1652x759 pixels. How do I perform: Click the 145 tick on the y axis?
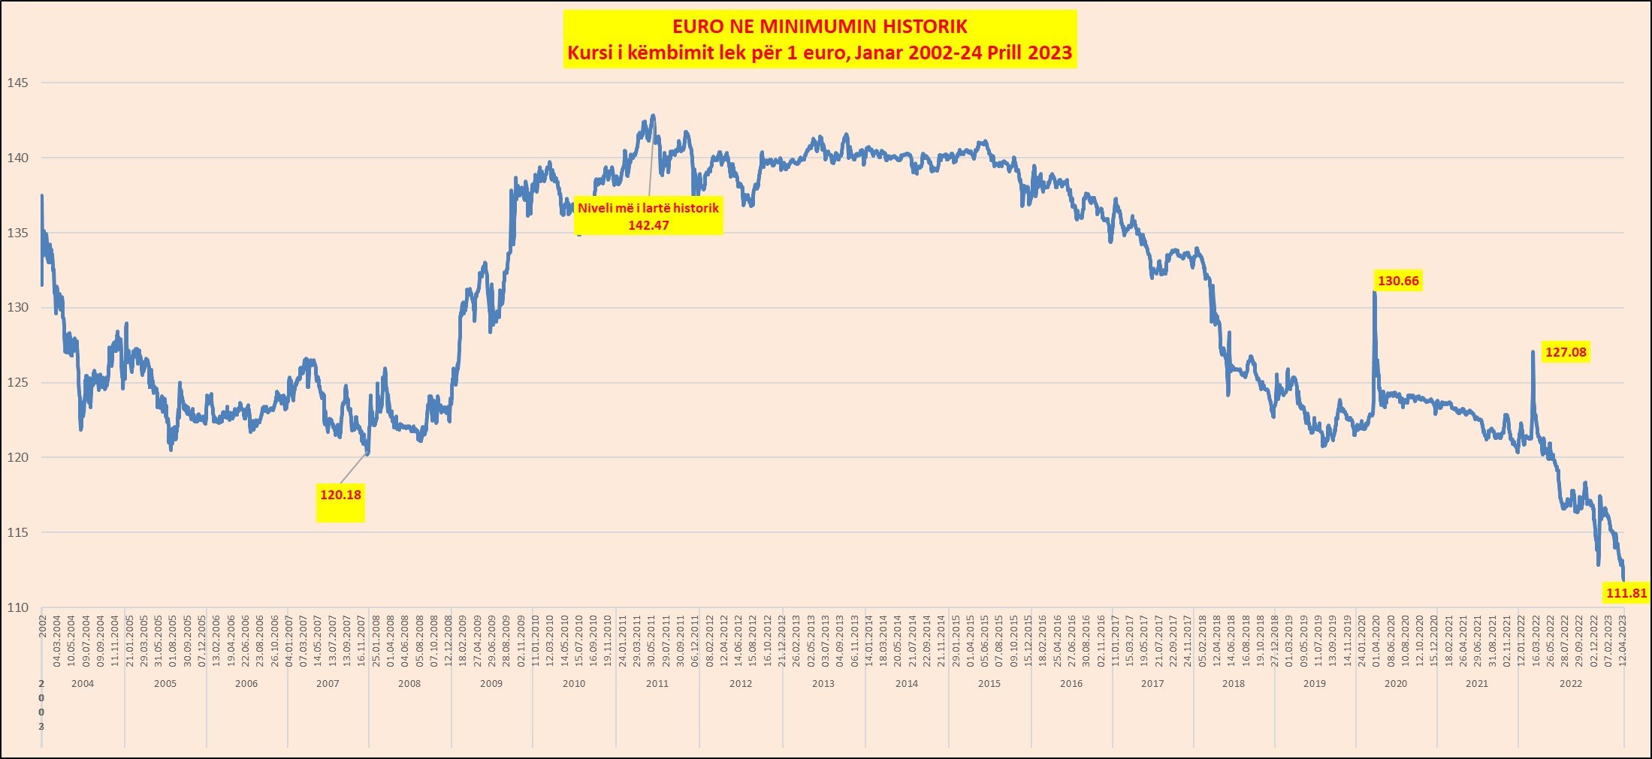(x=17, y=83)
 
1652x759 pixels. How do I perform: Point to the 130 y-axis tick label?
(x=17, y=308)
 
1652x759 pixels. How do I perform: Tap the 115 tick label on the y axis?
(x=17, y=532)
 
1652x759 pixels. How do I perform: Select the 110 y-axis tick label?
(x=17, y=607)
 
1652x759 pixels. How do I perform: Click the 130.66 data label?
(x=1398, y=281)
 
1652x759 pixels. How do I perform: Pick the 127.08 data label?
(x=1566, y=352)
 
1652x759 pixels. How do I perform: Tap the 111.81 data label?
(x=1626, y=593)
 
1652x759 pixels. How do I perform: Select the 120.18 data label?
(x=340, y=495)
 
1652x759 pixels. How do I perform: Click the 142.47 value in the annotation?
(x=648, y=225)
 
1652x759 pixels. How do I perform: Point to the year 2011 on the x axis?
(x=657, y=684)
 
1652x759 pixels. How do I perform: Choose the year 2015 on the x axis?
(x=989, y=684)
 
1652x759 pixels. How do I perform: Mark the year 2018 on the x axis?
(x=1234, y=684)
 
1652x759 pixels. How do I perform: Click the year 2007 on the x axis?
(x=328, y=684)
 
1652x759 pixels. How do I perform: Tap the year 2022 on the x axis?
(x=1570, y=684)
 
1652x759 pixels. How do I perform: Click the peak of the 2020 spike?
(x=1375, y=293)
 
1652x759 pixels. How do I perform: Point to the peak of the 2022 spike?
(x=1533, y=351)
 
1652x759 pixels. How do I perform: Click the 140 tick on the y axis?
(x=17, y=158)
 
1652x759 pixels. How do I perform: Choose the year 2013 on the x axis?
(x=823, y=684)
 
